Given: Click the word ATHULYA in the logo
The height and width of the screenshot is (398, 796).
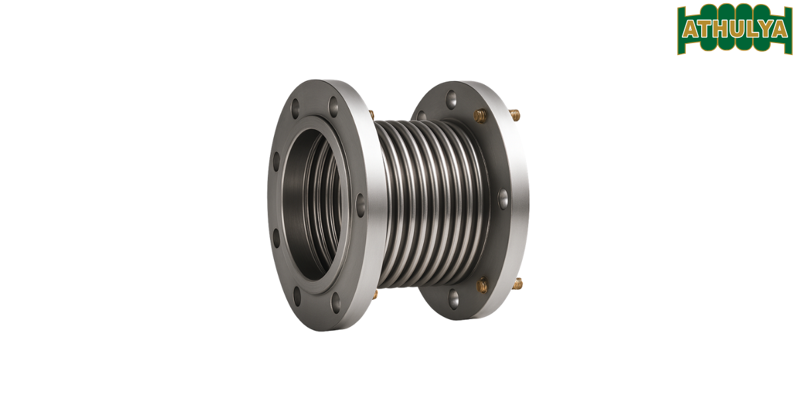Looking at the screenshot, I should (x=734, y=30).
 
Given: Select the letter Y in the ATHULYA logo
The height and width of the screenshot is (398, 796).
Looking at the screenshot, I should (x=765, y=30).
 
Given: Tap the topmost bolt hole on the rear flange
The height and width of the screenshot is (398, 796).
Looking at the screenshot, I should (x=451, y=97).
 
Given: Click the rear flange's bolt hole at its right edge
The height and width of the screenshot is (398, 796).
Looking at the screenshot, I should (x=503, y=196).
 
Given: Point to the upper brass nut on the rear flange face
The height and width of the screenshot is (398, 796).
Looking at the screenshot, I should (x=480, y=115).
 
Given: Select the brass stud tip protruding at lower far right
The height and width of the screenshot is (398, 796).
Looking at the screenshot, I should (x=517, y=284).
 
